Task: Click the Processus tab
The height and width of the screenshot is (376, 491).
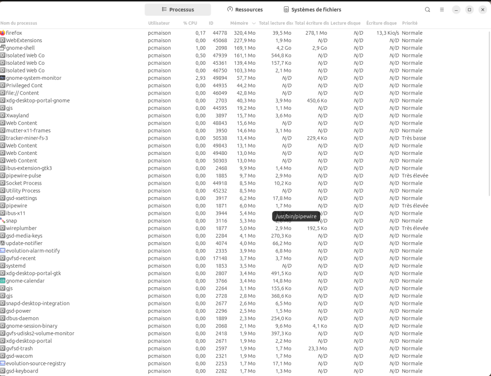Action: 178,9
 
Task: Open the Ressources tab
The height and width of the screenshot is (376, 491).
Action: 245,9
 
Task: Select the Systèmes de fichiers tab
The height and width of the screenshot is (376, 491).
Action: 312,9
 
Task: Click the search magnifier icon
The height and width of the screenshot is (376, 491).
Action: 428,9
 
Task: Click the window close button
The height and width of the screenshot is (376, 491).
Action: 482,9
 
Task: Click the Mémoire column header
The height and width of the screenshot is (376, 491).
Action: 239,23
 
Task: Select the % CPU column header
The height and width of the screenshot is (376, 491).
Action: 190,23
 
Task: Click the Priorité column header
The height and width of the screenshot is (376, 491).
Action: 410,23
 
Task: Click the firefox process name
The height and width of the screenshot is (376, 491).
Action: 14,33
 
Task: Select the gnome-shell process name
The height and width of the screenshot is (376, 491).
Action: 20,48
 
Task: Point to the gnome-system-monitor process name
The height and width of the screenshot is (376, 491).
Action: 33,78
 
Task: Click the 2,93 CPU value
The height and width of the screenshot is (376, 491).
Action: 200,78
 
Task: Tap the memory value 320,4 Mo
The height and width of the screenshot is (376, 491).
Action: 245,33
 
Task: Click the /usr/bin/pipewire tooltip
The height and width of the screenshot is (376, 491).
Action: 296,216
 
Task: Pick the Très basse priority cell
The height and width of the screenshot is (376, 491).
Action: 414,138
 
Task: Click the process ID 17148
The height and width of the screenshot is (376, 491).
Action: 219,258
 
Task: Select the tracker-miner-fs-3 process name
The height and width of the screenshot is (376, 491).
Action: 27,138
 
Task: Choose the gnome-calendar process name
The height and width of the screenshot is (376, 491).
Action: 25,281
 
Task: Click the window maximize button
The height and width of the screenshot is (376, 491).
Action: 469,9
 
